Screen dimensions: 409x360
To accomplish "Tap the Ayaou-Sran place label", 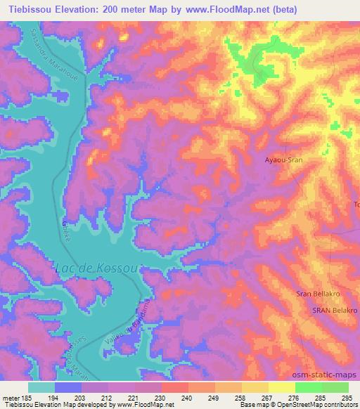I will click(283, 160).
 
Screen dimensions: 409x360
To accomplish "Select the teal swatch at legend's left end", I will click(41, 387).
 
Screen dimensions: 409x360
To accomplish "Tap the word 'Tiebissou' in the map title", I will click(24, 9).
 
